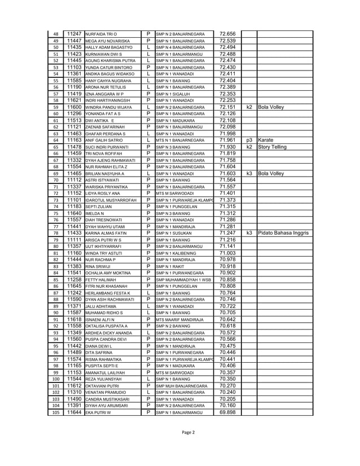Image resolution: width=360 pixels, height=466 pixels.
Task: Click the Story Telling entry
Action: [x=274, y=146]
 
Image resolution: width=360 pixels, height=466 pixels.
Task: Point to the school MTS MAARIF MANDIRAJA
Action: [x=179, y=319]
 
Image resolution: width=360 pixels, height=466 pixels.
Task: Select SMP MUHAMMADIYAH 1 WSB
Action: [x=182, y=279]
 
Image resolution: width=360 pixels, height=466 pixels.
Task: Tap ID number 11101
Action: [x=74, y=199]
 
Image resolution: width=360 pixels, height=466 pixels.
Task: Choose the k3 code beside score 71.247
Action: [x=249, y=232]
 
